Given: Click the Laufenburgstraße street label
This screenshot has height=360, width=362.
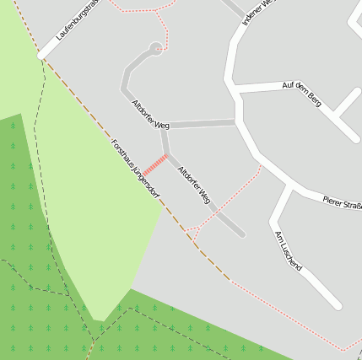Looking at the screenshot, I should click(x=78, y=22).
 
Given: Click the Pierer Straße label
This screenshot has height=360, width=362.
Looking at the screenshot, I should click(x=342, y=202).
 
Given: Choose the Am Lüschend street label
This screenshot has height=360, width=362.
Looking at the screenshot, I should click(x=289, y=250).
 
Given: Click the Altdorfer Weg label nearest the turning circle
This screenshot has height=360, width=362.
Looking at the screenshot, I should click(x=150, y=114).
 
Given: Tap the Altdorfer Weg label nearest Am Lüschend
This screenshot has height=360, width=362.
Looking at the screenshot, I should click(x=194, y=185).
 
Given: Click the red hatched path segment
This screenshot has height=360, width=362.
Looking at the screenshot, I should click(x=154, y=164).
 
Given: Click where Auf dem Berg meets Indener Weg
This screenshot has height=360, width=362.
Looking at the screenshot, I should click(x=235, y=88).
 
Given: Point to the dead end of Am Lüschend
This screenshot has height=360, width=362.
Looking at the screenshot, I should click(x=336, y=304).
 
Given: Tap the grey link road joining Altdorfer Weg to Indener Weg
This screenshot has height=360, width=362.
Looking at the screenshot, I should click(x=203, y=125).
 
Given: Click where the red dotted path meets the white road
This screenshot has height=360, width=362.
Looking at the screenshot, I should click(x=261, y=166).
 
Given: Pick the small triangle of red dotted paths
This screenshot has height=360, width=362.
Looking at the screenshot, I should click(x=192, y=230).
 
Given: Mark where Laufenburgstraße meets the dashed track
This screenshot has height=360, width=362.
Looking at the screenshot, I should click(x=43, y=57).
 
